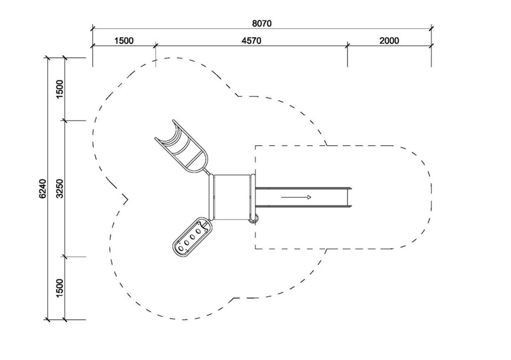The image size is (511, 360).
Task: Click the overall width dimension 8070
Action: (261, 24)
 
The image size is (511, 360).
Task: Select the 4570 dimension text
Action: (251, 41)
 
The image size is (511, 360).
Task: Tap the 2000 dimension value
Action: (389, 41)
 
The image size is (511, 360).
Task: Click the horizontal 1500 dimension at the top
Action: (124, 41)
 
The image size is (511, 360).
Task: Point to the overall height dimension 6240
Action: (42, 188)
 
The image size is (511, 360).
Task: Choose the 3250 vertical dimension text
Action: (60, 188)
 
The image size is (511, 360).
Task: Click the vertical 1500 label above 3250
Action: (60, 89)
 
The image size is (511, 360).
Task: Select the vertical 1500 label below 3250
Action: (60, 288)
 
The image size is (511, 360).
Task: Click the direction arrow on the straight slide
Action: (296, 197)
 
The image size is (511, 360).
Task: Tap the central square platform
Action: (232, 197)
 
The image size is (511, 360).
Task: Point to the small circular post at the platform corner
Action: (254, 219)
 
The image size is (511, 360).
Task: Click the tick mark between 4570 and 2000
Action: (348, 45)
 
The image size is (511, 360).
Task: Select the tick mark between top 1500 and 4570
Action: (155, 45)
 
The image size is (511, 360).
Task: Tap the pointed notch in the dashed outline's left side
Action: (127, 199)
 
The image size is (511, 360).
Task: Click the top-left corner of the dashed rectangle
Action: (255, 145)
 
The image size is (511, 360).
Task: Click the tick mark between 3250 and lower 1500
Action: (65, 257)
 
